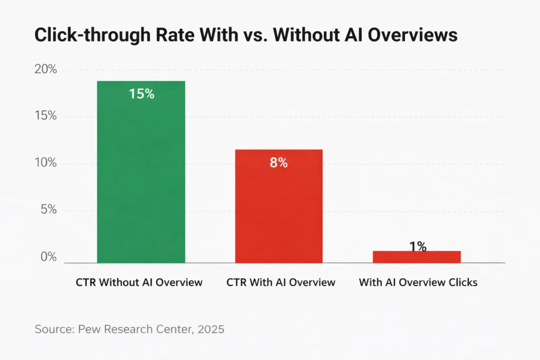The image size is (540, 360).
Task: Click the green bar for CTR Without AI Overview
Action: [141, 174]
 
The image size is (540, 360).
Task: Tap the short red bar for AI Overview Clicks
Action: [417, 257]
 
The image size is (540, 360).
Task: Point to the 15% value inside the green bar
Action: [141, 94]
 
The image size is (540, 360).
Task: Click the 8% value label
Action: [278, 163]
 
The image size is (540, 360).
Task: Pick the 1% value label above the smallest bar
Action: [418, 246]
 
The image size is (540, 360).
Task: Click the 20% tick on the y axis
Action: [45, 70]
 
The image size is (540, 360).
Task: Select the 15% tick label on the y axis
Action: [45, 116]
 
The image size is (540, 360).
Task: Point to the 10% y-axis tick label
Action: [45, 163]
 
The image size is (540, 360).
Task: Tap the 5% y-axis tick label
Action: [48, 210]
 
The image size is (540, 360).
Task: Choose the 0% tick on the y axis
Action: [48, 257]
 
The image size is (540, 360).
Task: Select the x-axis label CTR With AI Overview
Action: [281, 283]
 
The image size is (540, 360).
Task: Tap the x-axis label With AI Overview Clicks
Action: [418, 283]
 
